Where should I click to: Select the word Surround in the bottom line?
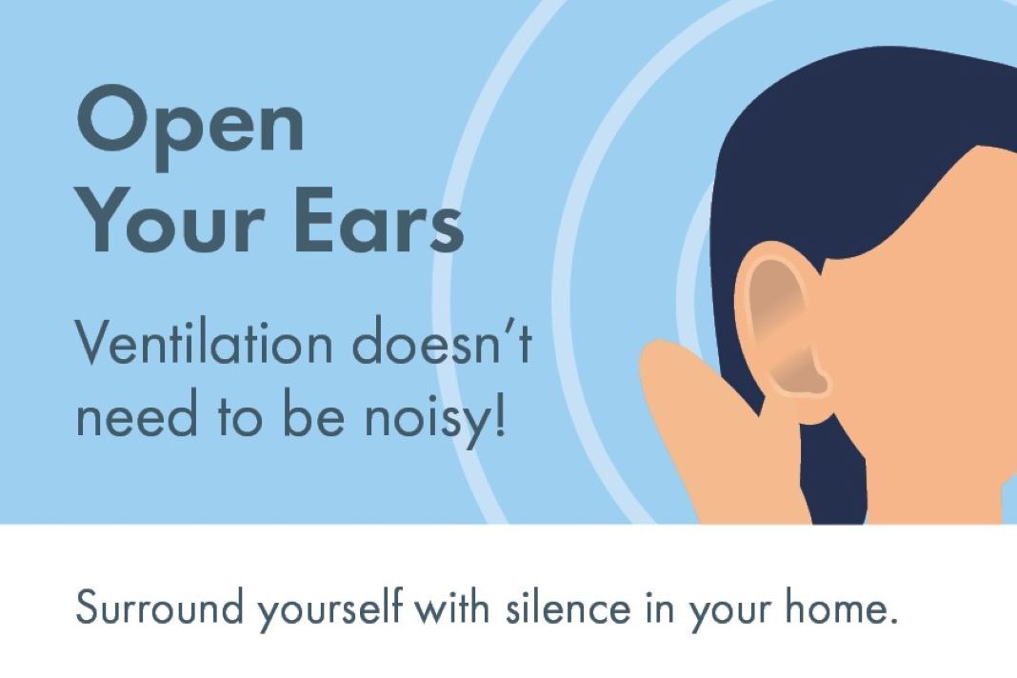pos(159,608)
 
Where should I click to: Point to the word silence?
pos(568,608)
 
